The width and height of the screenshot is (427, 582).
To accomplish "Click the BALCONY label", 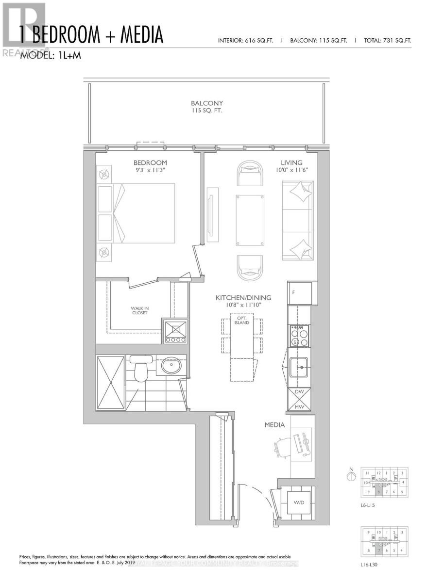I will [x=206, y=103].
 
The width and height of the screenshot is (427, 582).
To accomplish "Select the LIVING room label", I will [x=291, y=162].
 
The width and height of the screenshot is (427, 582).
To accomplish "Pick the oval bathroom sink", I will [x=172, y=366].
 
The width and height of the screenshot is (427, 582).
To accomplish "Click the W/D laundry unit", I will [x=298, y=502].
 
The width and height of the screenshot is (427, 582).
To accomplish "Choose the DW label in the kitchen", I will [x=300, y=392].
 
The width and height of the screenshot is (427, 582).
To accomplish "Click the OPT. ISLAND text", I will [x=241, y=320].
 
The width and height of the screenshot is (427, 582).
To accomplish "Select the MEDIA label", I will [x=274, y=425].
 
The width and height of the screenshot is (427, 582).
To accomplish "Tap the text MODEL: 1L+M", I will [x=50, y=56].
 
